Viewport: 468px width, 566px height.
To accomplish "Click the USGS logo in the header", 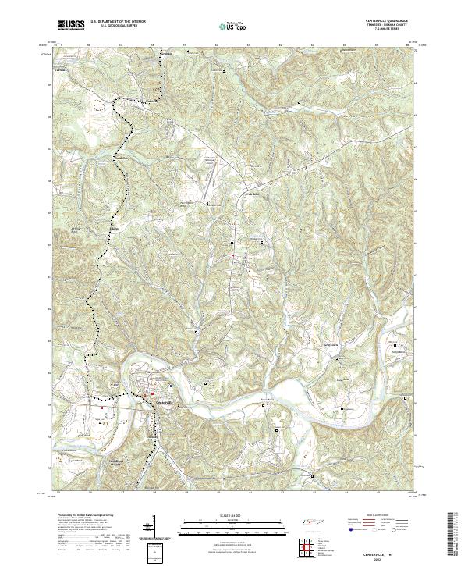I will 71,26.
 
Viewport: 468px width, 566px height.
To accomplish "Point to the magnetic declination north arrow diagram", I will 151,526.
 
